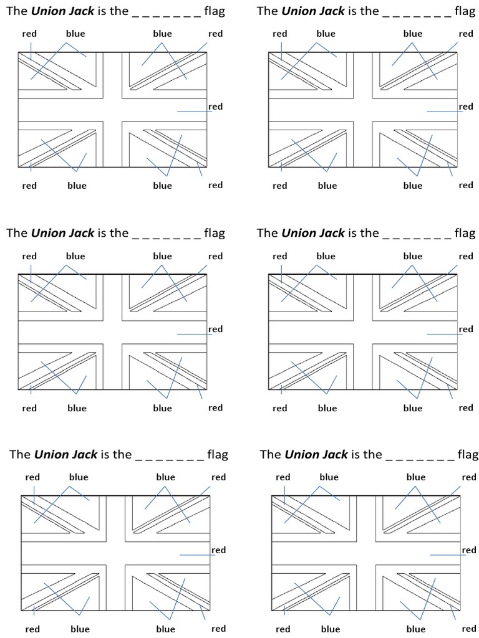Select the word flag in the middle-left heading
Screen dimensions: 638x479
(x=215, y=233)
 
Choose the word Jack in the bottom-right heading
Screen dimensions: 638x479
(x=332, y=454)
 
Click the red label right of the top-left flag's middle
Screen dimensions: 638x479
(x=215, y=107)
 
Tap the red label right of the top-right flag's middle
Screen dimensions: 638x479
(x=466, y=107)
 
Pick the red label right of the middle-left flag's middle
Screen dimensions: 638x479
(x=215, y=329)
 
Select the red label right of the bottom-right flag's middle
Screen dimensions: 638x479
(x=468, y=550)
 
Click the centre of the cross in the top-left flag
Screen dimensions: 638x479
(x=112, y=110)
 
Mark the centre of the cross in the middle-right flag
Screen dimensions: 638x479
(x=362, y=332)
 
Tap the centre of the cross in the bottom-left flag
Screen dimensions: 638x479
(x=115, y=553)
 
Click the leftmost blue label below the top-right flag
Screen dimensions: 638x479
(x=327, y=186)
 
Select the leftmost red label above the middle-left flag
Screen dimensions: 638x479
(x=29, y=256)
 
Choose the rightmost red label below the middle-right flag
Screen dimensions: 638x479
(x=466, y=407)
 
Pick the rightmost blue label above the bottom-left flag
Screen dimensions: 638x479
(x=165, y=477)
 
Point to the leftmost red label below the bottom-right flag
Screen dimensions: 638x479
(x=283, y=629)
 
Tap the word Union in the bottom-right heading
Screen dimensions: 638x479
(x=302, y=454)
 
